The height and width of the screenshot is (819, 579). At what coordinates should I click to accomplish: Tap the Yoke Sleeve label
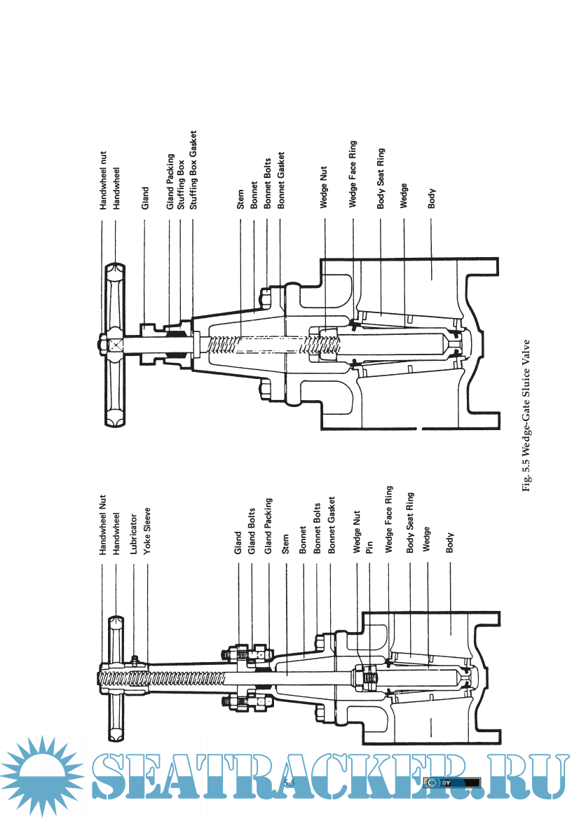click(147, 533)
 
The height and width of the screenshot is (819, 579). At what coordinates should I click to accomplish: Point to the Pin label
click(369, 547)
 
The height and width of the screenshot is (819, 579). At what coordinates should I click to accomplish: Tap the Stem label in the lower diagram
click(285, 546)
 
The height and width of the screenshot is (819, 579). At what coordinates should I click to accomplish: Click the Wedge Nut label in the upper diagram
click(324, 188)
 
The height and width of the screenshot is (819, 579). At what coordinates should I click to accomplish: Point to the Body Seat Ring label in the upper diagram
click(381, 179)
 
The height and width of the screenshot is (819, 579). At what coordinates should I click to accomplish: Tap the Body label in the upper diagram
click(432, 199)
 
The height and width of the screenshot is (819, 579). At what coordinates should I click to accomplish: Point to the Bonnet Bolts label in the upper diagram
click(266, 183)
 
